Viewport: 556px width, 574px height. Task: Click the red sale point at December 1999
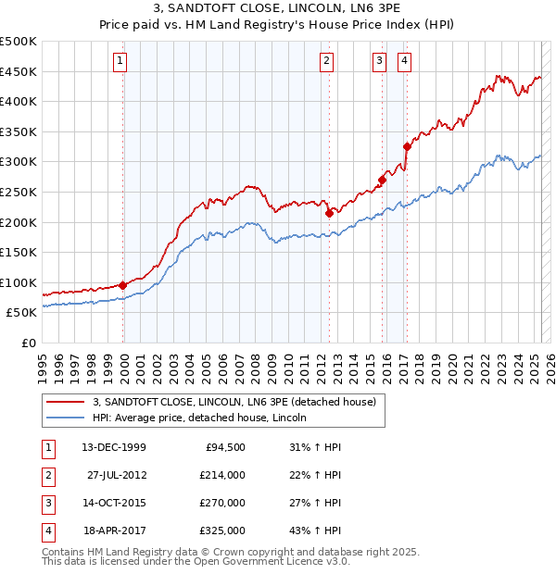point(123,285)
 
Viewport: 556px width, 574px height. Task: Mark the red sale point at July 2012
point(329,213)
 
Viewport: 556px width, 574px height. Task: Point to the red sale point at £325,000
point(407,146)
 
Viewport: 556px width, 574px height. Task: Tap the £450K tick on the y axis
point(19,71)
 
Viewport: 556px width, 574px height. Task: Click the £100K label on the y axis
point(19,282)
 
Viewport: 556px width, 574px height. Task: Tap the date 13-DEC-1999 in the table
point(114,447)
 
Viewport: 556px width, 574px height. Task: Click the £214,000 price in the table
point(221,475)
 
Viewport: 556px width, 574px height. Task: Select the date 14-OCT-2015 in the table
point(114,503)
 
